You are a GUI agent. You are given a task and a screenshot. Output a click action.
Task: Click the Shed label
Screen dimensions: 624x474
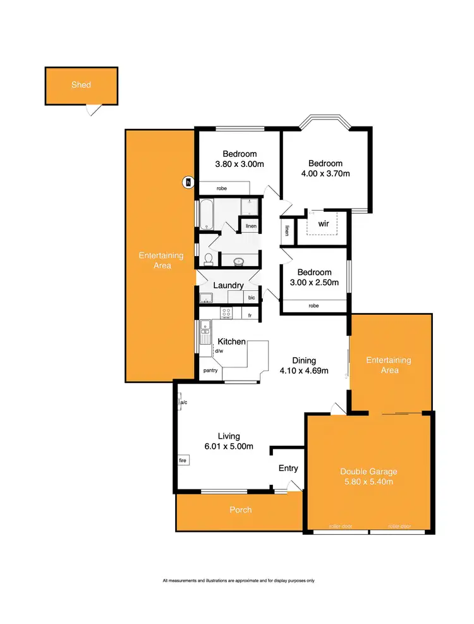(81, 85)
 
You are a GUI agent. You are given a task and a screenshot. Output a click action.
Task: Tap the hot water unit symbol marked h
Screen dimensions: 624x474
(187, 183)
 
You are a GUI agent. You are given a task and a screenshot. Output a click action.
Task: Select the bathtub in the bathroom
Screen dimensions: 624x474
(206, 215)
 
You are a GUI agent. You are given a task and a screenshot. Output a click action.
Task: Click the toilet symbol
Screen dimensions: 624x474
(207, 259)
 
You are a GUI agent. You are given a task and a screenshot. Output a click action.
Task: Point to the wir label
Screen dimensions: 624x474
(323, 223)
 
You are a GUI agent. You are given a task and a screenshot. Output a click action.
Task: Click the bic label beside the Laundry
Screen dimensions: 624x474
(252, 298)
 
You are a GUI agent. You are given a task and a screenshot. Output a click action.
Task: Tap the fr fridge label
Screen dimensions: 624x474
(250, 314)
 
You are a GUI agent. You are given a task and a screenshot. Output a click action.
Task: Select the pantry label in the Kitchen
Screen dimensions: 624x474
(210, 370)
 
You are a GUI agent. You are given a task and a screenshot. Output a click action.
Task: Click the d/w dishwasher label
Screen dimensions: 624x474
(219, 351)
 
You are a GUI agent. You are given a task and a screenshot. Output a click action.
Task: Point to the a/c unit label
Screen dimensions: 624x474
(183, 402)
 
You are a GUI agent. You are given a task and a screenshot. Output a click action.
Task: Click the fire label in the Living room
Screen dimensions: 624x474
(184, 461)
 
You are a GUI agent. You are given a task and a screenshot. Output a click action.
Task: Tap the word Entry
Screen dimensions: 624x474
(288, 468)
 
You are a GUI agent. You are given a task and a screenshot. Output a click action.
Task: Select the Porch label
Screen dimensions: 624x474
(240, 510)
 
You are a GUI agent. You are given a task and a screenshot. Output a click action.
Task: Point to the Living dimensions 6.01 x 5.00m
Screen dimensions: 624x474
(228, 446)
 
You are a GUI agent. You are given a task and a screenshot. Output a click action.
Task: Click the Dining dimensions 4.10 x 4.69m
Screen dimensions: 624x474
(304, 371)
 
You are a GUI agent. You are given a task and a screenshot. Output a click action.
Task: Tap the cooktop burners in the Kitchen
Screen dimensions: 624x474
(226, 312)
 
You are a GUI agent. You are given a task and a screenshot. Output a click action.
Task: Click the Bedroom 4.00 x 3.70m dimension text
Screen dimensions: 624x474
(325, 173)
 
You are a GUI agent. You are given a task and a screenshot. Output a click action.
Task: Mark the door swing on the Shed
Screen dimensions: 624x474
(94, 110)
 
